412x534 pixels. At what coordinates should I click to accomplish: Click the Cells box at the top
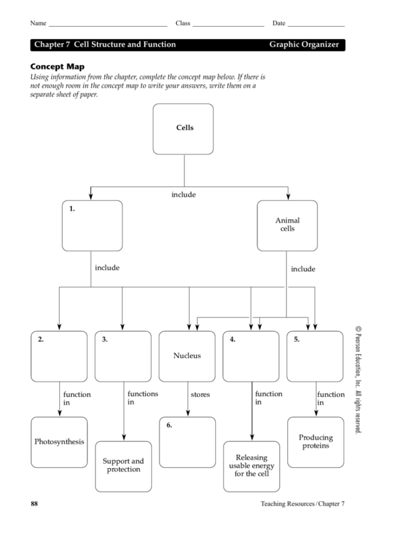(x=183, y=129)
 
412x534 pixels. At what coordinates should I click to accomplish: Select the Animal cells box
(x=287, y=225)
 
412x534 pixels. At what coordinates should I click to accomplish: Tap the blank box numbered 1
(x=92, y=225)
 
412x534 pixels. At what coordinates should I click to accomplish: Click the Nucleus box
(x=187, y=356)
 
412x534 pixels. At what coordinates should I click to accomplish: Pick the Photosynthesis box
(x=59, y=442)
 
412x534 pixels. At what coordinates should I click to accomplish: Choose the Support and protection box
(x=123, y=466)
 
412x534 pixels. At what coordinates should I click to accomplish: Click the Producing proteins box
(x=315, y=442)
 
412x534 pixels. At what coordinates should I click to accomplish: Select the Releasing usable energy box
(x=251, y=466)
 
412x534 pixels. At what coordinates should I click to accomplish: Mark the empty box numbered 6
(x=187, y=442)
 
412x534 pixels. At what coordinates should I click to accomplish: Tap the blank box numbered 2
(x=59, y=356)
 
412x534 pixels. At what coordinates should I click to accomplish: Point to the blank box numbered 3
(x=123, y=356)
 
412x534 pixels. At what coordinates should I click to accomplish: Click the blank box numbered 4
(x=251, y=356)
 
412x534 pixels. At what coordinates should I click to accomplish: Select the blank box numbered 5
(x=315, y=356)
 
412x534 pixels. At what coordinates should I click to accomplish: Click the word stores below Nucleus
(x=200, y=395)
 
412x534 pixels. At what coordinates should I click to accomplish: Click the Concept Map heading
(x=57, y=66)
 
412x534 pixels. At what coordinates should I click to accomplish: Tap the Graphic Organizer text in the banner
(x=304, y=45)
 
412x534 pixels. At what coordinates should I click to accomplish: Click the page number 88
(x=34, y=503)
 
